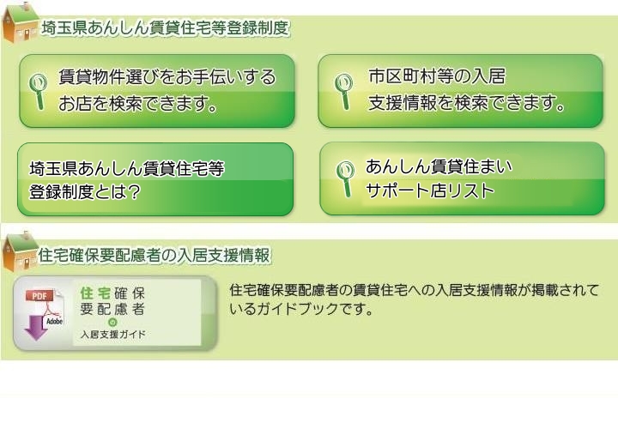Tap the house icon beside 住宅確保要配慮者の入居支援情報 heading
pyautogui.click(x=21, y=251)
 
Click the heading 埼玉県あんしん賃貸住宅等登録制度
pyautogui.click(x=166, y=27)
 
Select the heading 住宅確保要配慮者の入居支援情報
pyautogui.click(x=154, y=256)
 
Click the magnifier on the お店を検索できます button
pyautogui.click(x=38, y=92)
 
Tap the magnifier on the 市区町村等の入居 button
pyautogui.click(x=343, y=92)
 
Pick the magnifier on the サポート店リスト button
pyautogui.click(x=345, y=179)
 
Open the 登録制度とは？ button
pyautogui.click(x=155, y=179)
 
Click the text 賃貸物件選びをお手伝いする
pyautogui.click(x=167, y=77)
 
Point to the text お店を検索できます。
pyautogui.click(x=138, y=103)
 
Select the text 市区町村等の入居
pyautogui.click(x=437, y=76)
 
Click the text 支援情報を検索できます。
pyautogui.click(x=467, y=102)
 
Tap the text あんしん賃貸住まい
pyautogui.click(x=439, y=166)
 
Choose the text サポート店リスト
pyautogui.click(x=430, y=190)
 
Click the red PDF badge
pyautogui.click(x=39, y=296)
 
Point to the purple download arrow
pyautogui.click(x=36, y=328)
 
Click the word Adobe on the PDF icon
pyautogui.click(x=54, y=322)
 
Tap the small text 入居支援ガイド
pyautogui.click(x=113, y=335)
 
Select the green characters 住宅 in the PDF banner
pyautogui.click(x=95, y=293)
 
